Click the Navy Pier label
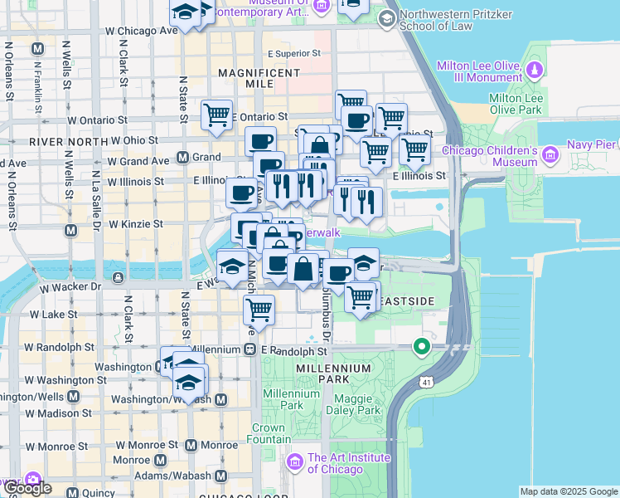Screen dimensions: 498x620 591,145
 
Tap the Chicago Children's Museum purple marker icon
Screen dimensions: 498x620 549,154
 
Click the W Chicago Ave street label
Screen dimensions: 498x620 142,31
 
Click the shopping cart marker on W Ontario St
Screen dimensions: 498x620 217,114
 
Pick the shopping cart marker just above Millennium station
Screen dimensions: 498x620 259,310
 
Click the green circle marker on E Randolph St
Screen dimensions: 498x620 422,347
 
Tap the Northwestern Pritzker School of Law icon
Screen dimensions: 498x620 386,17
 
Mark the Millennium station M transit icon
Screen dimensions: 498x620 249,350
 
